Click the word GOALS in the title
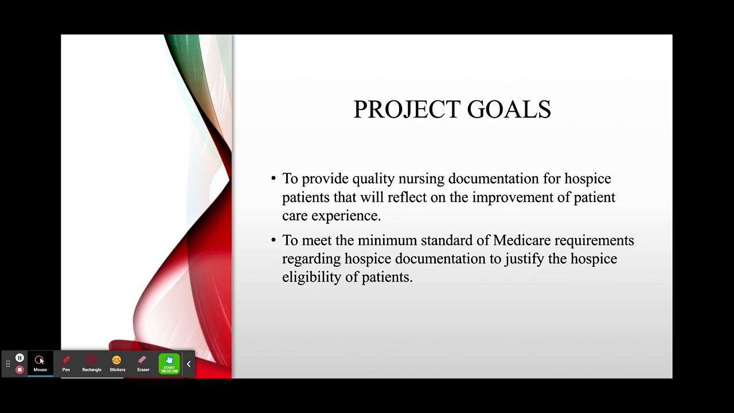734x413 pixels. tap(509, 109)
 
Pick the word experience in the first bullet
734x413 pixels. tap(346, 216)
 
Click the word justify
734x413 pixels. tap(524, 259)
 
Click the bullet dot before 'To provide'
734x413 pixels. tap(274, 179)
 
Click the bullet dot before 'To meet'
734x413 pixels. tap(274, 240)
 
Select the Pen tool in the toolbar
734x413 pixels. tap(66, 364)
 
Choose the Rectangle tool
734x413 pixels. tap(92, 364)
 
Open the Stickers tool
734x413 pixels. tap(118, 364)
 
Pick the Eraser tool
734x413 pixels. tap(143, 364)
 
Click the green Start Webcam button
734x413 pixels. tap(169, 364)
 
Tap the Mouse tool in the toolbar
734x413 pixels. tap(40, 364)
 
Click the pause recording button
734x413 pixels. tap(19, 357)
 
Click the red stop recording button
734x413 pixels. tap(19, 370)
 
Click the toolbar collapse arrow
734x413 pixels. tap(189, 364)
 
